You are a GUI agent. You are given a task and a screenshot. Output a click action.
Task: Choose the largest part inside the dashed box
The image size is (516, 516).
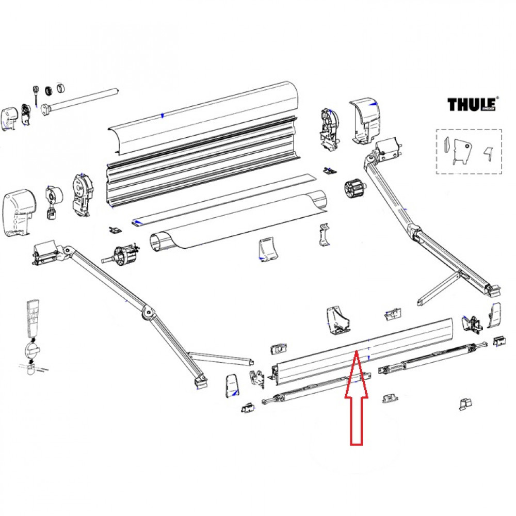click(461, 152)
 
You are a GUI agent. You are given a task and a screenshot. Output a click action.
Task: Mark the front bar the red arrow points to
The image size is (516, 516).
click(361, 351)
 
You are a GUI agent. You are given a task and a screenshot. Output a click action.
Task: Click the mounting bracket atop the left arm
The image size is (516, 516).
click(46, 253)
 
